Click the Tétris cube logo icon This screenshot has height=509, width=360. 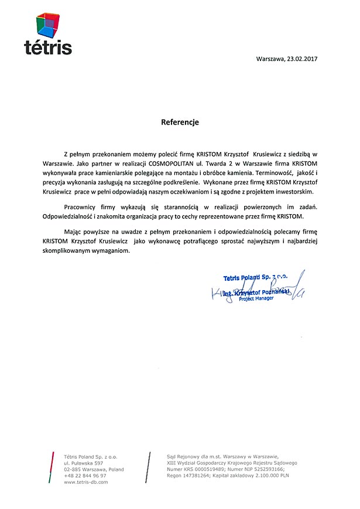(48, 24)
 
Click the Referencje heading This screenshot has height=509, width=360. (180, 123)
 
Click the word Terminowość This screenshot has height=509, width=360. (275, 173)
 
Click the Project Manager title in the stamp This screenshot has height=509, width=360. (256, 298)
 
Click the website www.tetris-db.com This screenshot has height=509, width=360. (86, 482)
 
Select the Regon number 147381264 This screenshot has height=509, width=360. (200, 476)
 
